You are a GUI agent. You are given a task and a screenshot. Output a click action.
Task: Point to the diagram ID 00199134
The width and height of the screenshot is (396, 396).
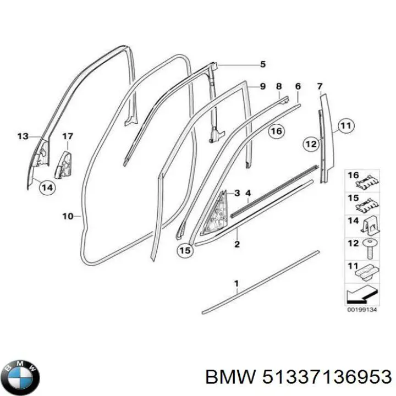click(x=361, y=309)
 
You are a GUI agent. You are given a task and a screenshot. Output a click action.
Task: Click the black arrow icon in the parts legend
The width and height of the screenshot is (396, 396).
click(x=361, y=295)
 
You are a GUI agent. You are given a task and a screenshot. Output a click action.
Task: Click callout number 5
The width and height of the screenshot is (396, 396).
click(x=262, y=64)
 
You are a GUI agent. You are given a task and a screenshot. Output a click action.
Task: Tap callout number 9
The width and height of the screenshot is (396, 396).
click(x=262, y=86)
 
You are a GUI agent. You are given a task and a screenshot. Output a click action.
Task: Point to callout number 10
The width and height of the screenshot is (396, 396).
click(x=68, y=217)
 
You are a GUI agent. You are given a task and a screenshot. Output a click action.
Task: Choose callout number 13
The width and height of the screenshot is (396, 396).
click(x=23, y=136)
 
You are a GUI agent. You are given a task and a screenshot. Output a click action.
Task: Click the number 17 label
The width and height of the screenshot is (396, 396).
click(x=67, y=136)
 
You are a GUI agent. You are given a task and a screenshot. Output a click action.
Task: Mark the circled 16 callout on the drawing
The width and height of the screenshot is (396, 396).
click(x=276, y=131)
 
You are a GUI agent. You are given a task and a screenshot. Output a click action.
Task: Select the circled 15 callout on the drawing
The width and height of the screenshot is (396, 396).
click(x=185, y=250)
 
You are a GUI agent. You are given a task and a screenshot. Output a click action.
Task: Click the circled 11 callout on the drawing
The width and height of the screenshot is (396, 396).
click(x=344, y=127)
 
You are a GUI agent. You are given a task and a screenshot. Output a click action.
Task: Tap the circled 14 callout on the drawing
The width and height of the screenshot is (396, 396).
click(x=48, y=188)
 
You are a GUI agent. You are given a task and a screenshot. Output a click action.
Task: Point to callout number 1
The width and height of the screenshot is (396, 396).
click(x=237, y=284)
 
